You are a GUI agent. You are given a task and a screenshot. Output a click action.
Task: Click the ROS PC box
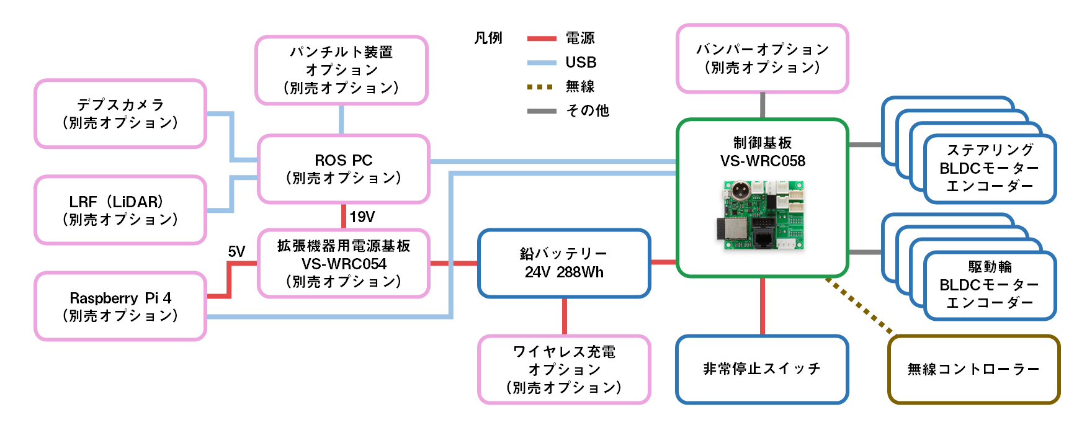pyautogui.click(x=343, y=169)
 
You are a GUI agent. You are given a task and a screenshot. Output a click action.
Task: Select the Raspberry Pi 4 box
pyautogui.click(x=120, y=307)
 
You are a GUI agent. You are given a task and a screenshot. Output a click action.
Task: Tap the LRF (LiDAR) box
pyautogui.click(x=120, y=210)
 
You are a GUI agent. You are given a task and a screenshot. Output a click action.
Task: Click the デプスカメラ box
pyautogui.click(x=120, y=114)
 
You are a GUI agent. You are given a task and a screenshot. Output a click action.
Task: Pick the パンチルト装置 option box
pyautogui.click(x=341, y=70)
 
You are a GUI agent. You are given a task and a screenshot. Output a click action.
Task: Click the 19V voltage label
pyautogui.click(x=362, y=217)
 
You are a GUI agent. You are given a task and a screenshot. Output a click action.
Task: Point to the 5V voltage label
pyautogui.click(x=236, y=251)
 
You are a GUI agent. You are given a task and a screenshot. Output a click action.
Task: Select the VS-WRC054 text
pyautogui.click(x=344, y=264)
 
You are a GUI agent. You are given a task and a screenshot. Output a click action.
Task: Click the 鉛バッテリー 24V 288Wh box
pyautogui.click(x=564, y=263)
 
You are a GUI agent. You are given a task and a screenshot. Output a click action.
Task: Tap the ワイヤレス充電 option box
pyautogui.click(x=564, y=370)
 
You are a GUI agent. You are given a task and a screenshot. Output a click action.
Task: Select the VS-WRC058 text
pyautogui.click(x=763, y=161)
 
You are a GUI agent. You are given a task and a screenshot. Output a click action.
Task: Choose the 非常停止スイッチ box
pyautogui.click(x=762, y=369)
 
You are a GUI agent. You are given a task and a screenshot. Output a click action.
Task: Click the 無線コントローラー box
pyautogui.click(x=973, y=369)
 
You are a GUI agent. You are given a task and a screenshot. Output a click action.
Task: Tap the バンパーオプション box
pyautogui.click(x=762, y=58)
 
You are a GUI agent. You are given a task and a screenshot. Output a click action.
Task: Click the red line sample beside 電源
pyautogui.click(x=541, y=38)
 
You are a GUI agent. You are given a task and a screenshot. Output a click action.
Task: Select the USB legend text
pyautogui.click(x=581, y=62)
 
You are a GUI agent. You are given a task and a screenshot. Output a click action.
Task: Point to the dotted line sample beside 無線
pyautogui.click(x=540, y=87)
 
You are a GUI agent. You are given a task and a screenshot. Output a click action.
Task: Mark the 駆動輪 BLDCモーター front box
pyautogui.click(x=990, y=285)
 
